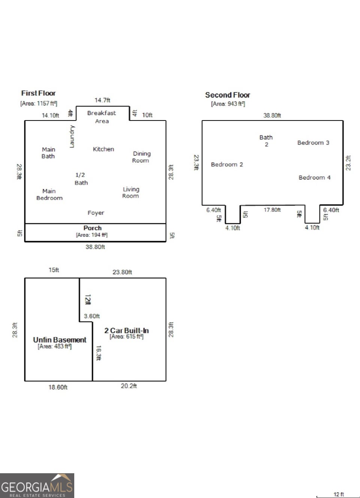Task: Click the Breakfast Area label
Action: point(102,117)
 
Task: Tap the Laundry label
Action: point(72,137)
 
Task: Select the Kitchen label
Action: point(103,149)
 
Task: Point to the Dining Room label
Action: point(141,157)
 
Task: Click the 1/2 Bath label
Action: point(81,179)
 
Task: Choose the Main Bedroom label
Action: point(49,194)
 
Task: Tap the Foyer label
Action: point(96,213)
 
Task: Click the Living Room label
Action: point(131,193)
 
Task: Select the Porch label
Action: point(93,228)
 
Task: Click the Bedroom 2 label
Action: point(227,164)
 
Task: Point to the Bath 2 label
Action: point(266,141)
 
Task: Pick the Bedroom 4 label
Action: point(315,178)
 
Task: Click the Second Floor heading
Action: point(228,95)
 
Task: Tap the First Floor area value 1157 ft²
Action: point(39,103)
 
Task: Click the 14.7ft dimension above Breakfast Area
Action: point(102,100)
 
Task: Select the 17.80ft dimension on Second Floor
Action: point(272,210)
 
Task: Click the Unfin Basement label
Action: point(60,340)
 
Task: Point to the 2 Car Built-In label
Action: point(126,330)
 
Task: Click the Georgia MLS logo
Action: point(37,486)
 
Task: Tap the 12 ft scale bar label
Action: point(339,494)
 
